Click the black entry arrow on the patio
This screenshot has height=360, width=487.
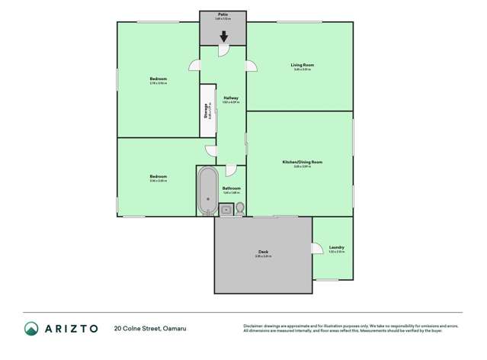tap(223, 36)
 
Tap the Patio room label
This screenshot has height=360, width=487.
tap(223, 14)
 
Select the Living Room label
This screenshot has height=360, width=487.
tap(302, 65)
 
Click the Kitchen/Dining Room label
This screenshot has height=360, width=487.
tap(303, 162)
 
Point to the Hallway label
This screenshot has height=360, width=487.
tap(231, 98)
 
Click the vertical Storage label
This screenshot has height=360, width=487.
tap(206, 111)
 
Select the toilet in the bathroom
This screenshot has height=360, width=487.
tap(239, 208)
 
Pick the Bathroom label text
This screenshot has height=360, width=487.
tap(231, 188)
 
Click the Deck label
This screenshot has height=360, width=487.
tap(263, 252)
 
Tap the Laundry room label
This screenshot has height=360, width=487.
tap(336, 247)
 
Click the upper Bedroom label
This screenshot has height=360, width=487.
tap(158, 79)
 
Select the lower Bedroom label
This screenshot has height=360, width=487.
tap(158, 177)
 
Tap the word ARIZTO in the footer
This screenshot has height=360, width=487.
tap(70, 329)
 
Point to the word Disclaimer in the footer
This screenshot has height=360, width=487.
tap(255, 325)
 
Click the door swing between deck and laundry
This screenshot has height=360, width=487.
tap(316, 248)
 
